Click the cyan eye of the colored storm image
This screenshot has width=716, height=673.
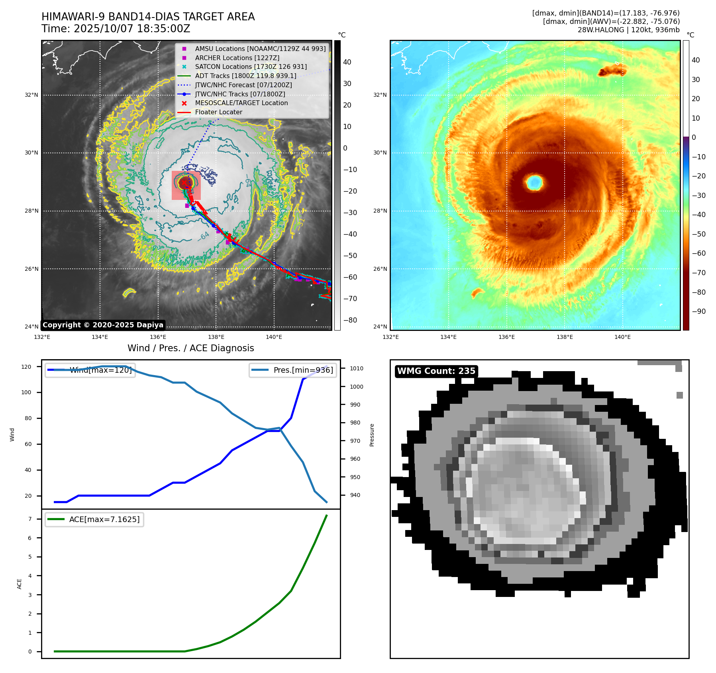click(534, 183)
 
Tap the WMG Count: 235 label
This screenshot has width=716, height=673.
click(436, 371)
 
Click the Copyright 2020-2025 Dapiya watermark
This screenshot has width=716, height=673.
click(103, 325)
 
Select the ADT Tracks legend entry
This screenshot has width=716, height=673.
click(245, 76)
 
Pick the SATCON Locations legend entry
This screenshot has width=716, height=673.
click(251, 67)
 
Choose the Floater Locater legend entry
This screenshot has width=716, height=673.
click(218, 112)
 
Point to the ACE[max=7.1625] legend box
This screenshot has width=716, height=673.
click(94, 519)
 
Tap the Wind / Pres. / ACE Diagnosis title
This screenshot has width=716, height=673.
click(190, 348)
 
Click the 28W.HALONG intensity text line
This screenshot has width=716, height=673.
click(628, 30)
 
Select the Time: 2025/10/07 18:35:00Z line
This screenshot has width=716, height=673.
click(116, 29)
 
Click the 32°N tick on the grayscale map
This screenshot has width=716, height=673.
click(31, 95)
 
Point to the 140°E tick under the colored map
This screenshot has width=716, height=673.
click(622, 337)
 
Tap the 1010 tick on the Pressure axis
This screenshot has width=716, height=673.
click(357, 368)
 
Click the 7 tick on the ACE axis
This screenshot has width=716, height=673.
click(30, 519)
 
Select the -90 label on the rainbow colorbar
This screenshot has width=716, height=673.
click(698, 311)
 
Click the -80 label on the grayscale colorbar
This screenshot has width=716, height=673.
click(350, 320)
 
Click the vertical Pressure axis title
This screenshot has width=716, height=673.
click(372, 435)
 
